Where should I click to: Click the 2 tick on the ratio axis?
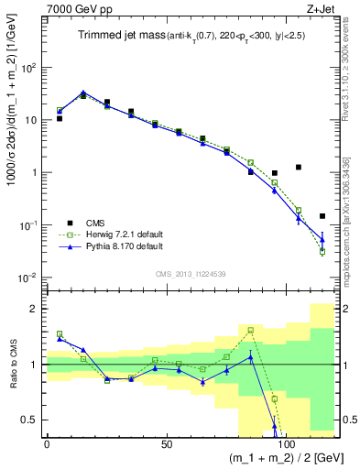tap(37, 309)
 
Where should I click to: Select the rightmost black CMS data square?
tap(322, 216)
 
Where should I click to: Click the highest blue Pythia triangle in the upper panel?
tap(83, 93)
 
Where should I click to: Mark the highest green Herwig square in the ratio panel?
tap(250, 330)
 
